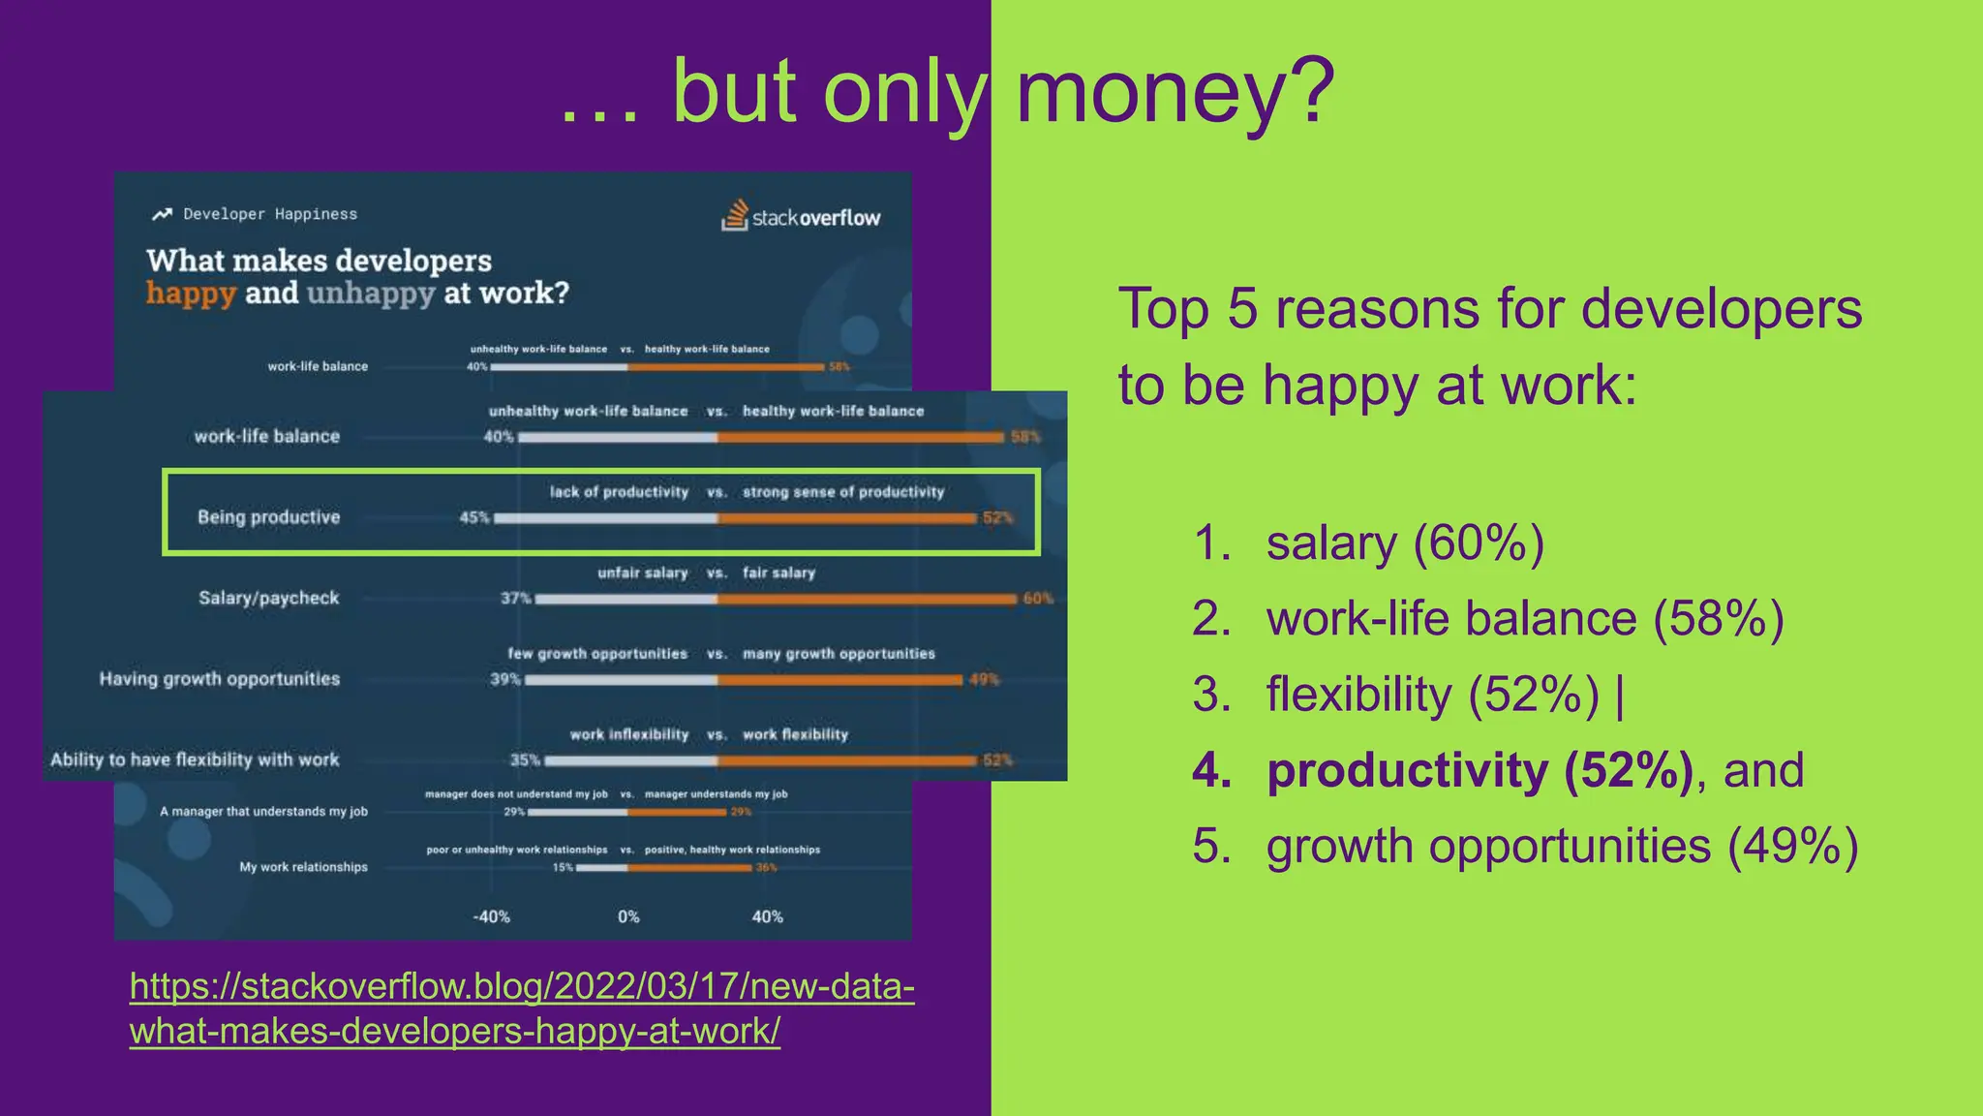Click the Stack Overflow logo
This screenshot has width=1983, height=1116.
click(801, 216)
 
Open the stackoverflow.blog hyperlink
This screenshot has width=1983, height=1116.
click(522, 1007)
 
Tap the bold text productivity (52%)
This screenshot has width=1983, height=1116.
click(1480, 770)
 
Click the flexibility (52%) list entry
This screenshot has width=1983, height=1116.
click(1432, 695)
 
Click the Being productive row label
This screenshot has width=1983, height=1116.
click(268, 517)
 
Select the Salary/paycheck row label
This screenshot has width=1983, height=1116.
click(268, 598)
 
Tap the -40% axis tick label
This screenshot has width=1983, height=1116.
click(491, 916)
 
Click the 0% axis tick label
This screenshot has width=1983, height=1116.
click(628, 916)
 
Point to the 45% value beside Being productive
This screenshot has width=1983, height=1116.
click(473, 517)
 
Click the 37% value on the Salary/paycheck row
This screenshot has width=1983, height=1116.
click(515, 598)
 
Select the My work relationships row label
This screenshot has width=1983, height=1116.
click(303, 867)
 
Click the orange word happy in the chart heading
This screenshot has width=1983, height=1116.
click(191, 293)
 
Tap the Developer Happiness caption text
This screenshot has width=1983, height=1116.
click(270, 214)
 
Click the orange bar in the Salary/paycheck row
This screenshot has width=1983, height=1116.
click(867, 599)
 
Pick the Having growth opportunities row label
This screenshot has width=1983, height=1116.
click(219, 678)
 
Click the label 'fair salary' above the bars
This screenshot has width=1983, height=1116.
click(778, 573)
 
